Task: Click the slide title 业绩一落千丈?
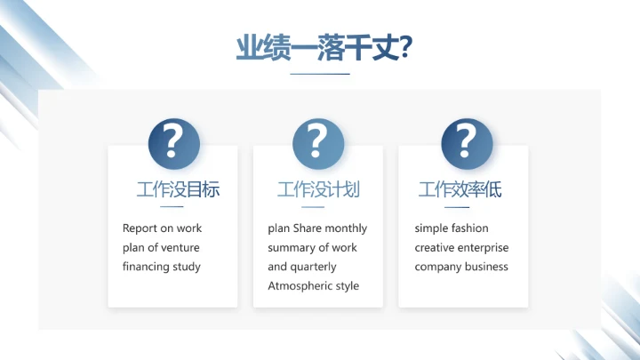click(323, 47)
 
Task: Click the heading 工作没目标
click(178, 189)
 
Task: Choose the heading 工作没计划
click(318, 189)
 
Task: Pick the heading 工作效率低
click(460, 189)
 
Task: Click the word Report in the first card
click(140, 228)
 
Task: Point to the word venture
click(181, 248)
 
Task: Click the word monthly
click(347, 228)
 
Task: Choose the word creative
click(435, 248)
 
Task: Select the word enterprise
click(484, 248)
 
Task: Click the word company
click(437, 267)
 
